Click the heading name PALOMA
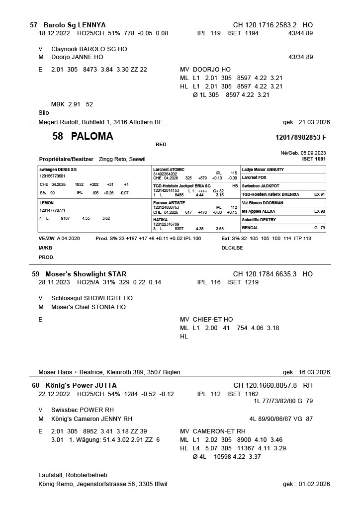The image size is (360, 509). tap(92, 136)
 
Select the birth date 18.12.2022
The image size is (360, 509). tap(55, 33)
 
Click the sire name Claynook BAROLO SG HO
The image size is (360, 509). tap(89, 49)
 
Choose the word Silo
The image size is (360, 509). tap(44, 113)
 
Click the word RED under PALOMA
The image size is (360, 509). tap(161, 145)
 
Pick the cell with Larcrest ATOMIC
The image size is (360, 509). tap(169, 170)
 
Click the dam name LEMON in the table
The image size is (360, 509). tap(47, 203)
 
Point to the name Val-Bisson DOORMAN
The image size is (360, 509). tap(263, 203)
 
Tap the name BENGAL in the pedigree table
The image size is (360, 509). tap(250, 228)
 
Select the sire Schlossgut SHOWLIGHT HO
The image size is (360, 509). tap(92, 298)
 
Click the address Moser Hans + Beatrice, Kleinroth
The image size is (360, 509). tap(109, 372)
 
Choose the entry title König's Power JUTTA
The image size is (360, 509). tap(81, 385)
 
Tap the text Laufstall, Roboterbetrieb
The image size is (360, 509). tap(73, 475)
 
